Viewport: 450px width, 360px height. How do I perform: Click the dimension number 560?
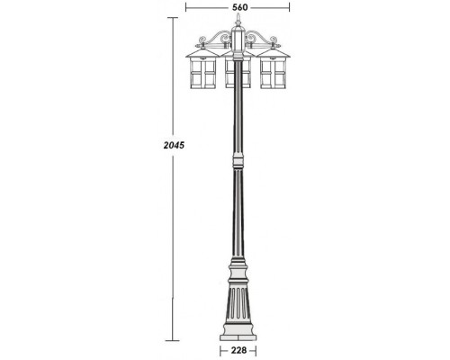pos(238,7)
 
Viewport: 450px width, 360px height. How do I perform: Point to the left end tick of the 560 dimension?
pos(186,7)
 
